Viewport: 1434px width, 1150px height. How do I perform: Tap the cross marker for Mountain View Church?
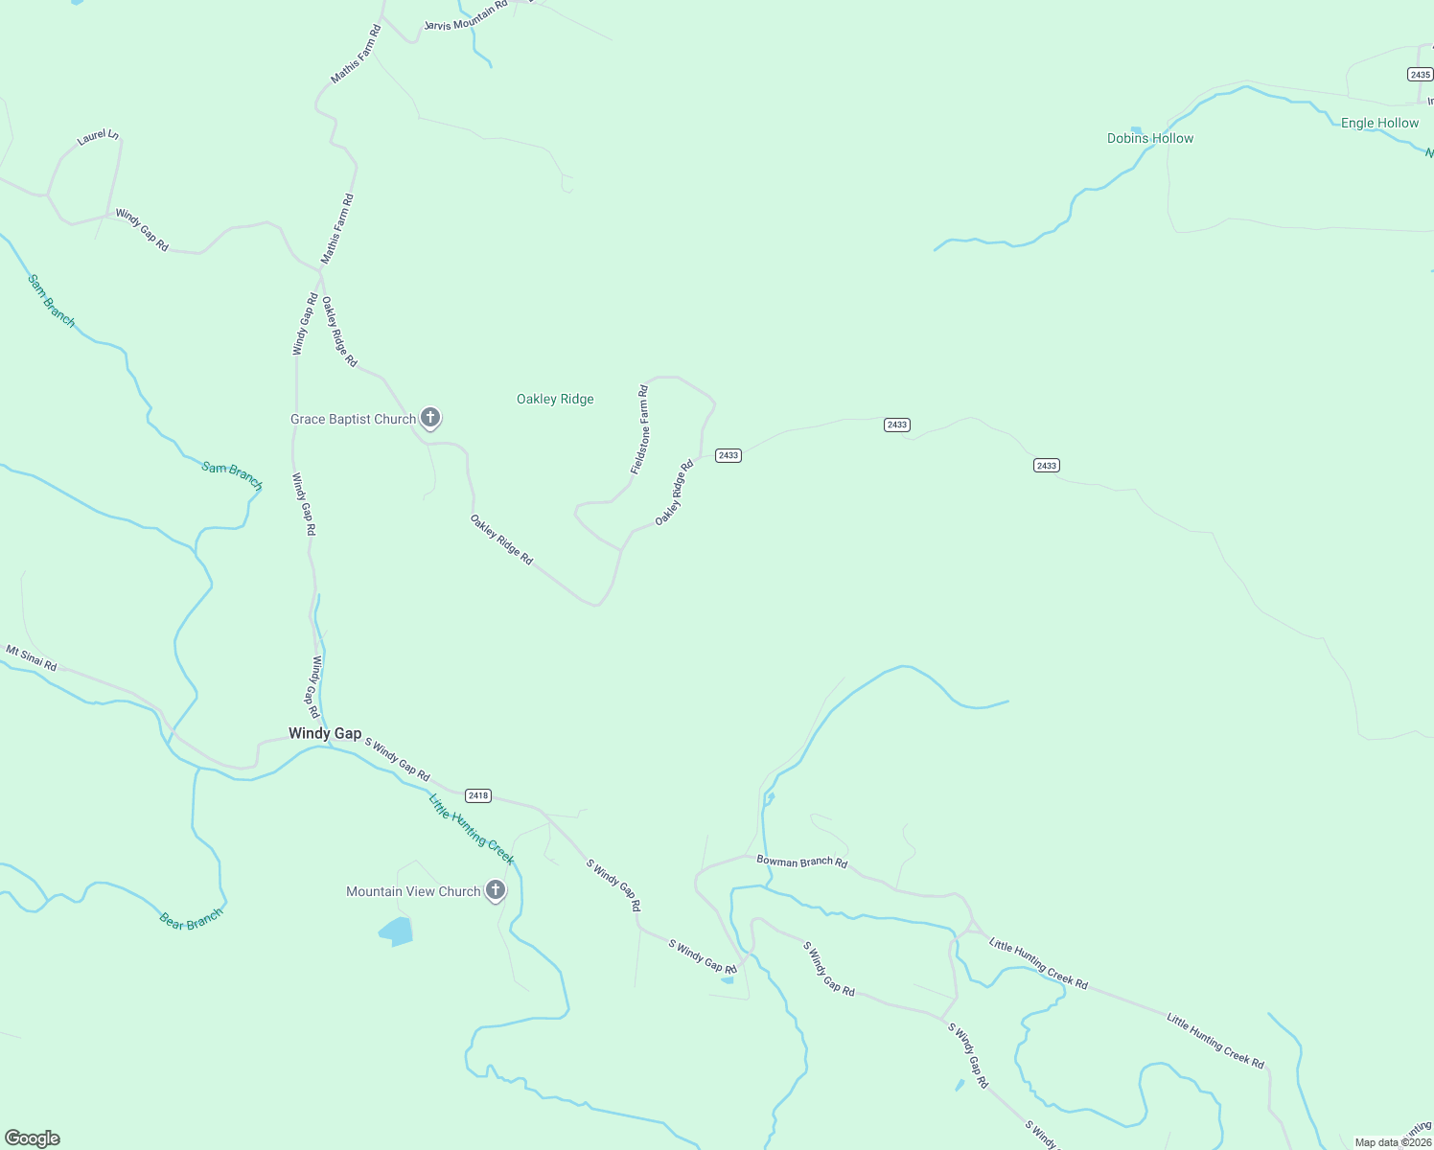(x=495, y=890)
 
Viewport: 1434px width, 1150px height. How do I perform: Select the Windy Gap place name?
(x=325, y=733)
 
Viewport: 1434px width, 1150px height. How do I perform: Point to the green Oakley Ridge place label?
(x=555, y=399)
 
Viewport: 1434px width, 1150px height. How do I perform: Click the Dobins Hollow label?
(x=1150, y=138)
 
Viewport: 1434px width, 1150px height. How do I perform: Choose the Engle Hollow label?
(x=1379, y=123)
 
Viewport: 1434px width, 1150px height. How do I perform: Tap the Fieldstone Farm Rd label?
(x=639, y=429)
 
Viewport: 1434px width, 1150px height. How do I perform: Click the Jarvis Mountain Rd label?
(x=466, y=17)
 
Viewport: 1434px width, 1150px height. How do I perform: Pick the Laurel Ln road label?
(x=98, y=137)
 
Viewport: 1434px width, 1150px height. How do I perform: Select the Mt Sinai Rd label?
(x=32, y=658)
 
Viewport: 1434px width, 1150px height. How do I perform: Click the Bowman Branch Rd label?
(x=801, y=862)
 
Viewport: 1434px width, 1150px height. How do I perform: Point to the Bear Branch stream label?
(x=191, y=919)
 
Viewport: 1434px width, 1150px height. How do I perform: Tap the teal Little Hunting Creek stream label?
(x=471, y=829)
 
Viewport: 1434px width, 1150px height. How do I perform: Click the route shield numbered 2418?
(x=477, y=795)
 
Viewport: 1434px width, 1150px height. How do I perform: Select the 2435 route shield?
(x=1420, y=75)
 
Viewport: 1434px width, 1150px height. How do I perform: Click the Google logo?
(x=31, y=1138)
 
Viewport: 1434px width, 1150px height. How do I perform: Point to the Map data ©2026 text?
(x=1393, y=1142)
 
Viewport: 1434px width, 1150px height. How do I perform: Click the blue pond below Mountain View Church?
(x=396, y=931)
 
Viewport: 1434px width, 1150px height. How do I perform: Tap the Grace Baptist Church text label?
(x=353, y=419)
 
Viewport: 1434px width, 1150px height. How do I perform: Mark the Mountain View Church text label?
(x=413, y=891)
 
